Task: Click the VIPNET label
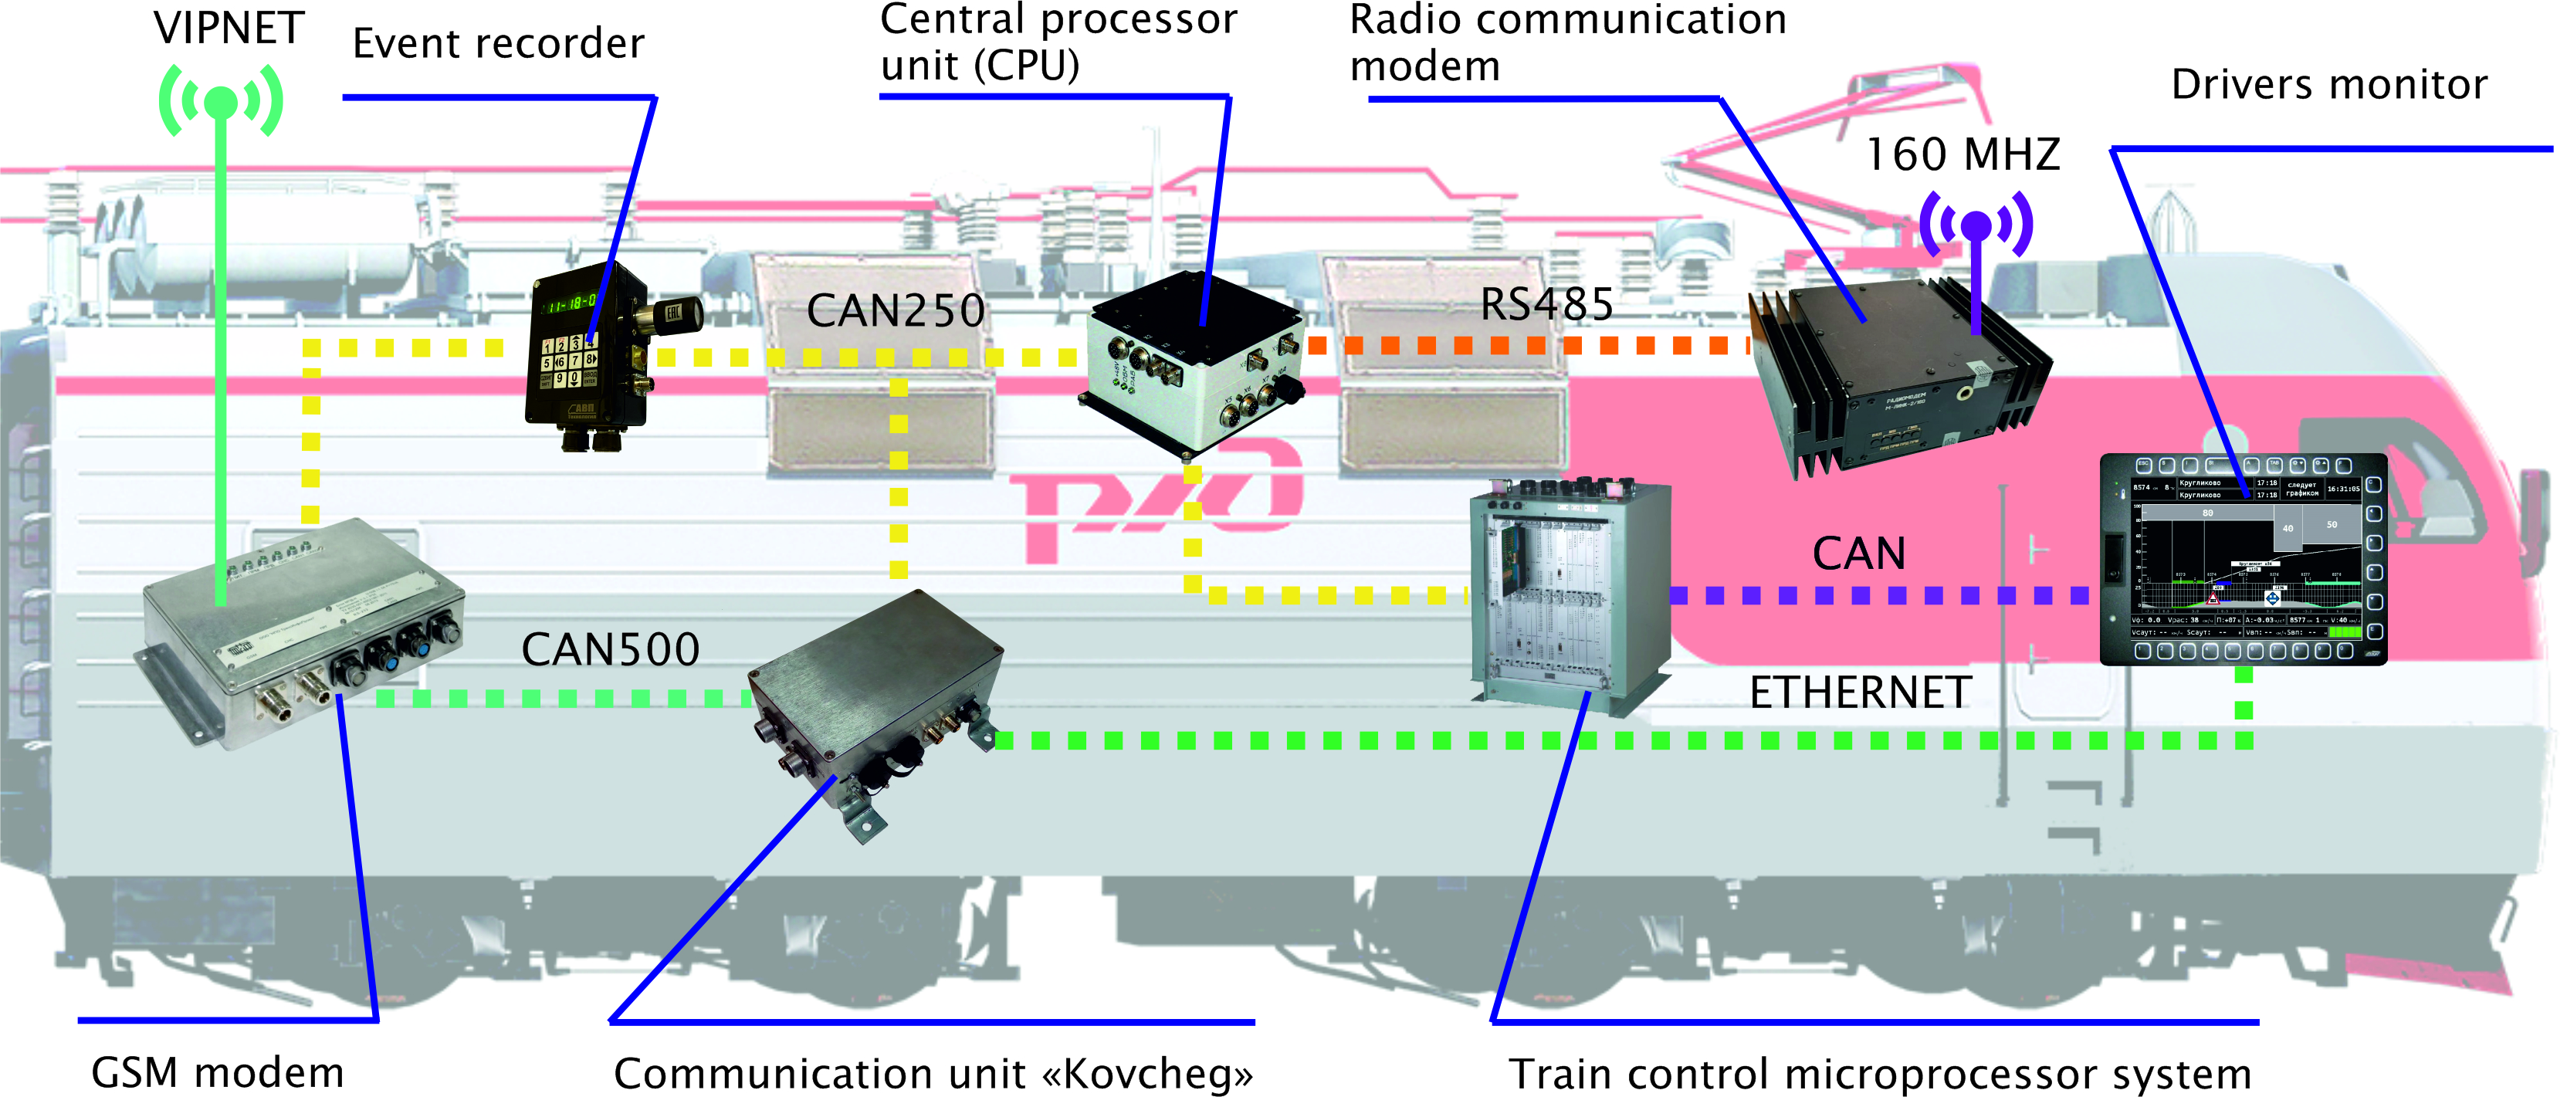[x=229, y=28]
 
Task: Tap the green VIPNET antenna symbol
[x=222, y=102]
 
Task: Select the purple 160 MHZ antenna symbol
[x=1976, y=225]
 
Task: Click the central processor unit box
[x=1190, y=364]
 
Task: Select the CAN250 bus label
[x=895, y=311]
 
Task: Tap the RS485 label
[x=1546, y=305]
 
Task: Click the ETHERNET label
[x=1861, y=692]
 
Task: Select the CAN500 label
[x=610, y=650]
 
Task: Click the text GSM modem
[x=217, y=1073]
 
